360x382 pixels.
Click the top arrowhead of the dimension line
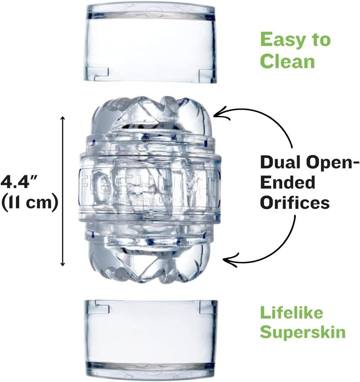(x=63, y=118)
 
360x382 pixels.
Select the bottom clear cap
(x=149, y=334)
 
